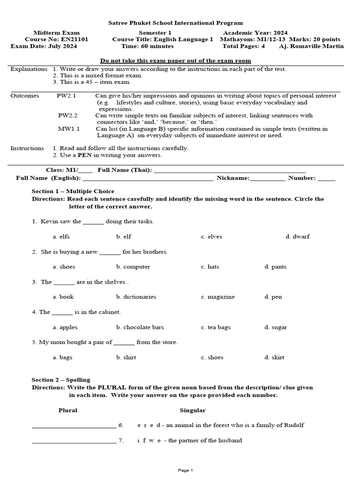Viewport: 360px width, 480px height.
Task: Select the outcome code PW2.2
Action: (67, 115)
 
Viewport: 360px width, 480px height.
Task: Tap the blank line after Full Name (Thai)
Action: (230, 171)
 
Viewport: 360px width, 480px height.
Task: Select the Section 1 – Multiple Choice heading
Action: (73, 191)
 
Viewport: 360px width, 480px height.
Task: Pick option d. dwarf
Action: (298, 237)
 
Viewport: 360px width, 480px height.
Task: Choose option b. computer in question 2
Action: (133, 267)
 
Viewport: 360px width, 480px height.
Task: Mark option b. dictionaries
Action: (136, 297)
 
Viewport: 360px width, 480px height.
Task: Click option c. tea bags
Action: (216, 327)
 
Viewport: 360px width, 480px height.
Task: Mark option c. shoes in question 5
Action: (212, 357)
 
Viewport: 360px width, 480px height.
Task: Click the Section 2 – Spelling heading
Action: (61, 380)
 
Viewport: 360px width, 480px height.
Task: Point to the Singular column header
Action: (193, 410)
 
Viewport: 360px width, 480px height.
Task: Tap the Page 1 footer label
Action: (186, 470)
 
